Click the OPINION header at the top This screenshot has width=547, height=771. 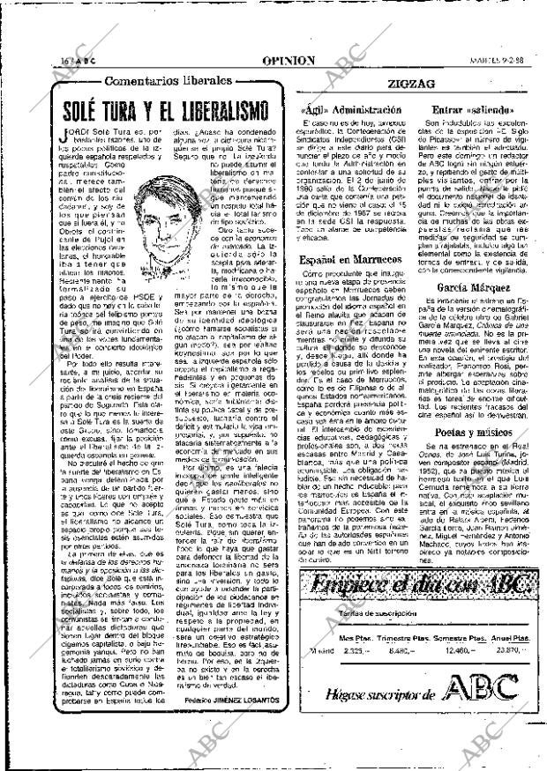(288, 61)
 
